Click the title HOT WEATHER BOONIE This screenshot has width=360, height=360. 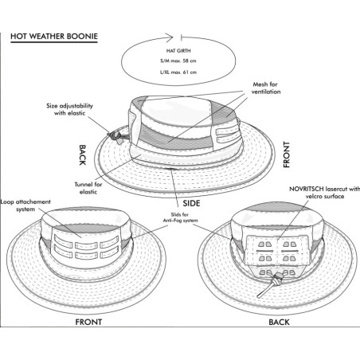pyautogui.click(x=54, y=37)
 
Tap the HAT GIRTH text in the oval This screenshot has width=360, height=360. pyautogui.click(x=178, y=50)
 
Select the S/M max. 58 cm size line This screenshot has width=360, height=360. pyautogui.click(x=178, y=61)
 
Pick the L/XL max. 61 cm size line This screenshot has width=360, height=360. pyautogui.click(x=178, y=72)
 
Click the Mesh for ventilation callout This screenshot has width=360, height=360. pyautogui.click(x=266, y=88)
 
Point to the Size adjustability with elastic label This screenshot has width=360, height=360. pyautogui.click(x=69, y=109)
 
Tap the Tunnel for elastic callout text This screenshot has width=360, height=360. pyautogui.click(x=88, y=188)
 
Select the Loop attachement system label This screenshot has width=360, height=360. pyautogui.click(x=25, y=205)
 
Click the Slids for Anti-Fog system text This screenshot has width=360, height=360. pyautogui.click(x=180, y=217)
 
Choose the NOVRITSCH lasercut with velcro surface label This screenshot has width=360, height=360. pyautogui.click(x=324, y=193)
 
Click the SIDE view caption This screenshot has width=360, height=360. pyautogui.click(x=191, y=203)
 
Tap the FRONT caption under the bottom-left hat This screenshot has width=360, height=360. pyautogui.click(x=88, y=322)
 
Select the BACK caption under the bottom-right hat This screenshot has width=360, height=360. pyautogui.click(x=279, y=322)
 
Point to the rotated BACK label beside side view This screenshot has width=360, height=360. pyautogui.click(x=83, y=155)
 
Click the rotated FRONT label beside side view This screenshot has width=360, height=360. pyautogui.click(x=287, y=155)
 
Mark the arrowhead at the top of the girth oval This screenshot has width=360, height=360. pyautogui.click(x=170, y=37)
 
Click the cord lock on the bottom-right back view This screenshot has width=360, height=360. pyautogui.click(x=278, y=279)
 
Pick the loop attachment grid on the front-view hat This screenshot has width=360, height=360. pyautogui.click(x=86, y=247)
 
